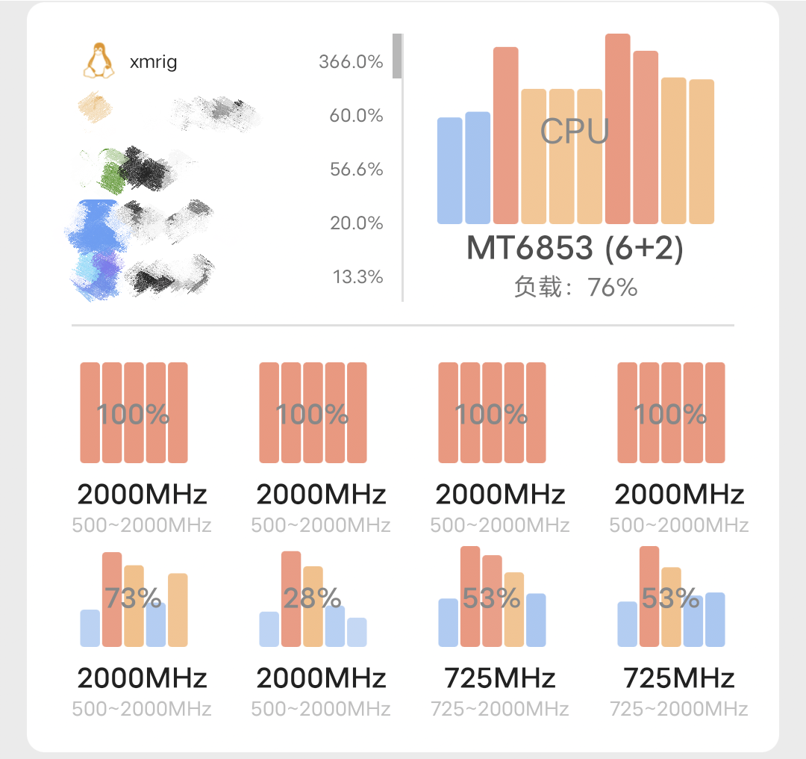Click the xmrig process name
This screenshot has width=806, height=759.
pos(153,62)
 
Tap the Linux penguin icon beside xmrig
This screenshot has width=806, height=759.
pos(99,61)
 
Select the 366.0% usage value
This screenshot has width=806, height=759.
pos(351,62)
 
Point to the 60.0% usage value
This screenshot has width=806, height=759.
pos(356,116)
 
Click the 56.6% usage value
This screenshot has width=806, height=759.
pos(356,170)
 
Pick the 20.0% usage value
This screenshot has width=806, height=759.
pos(356,223)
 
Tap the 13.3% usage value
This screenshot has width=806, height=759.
pos(357,277)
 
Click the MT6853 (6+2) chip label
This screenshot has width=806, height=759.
pos(575,249)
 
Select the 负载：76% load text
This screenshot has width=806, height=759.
pos(575,287)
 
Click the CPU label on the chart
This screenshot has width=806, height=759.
pos(575,131)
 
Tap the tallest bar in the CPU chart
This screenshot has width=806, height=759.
pos(617,128)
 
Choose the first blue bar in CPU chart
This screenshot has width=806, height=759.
pos(449,170)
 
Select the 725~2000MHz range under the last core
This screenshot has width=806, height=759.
pos(678,708)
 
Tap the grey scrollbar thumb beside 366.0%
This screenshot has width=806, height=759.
pos(397,56)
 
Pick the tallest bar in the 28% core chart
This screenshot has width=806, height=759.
pos(291,598)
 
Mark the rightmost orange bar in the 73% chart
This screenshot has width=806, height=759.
pos(178,610)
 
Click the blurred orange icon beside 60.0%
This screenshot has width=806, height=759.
pos(96,108)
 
